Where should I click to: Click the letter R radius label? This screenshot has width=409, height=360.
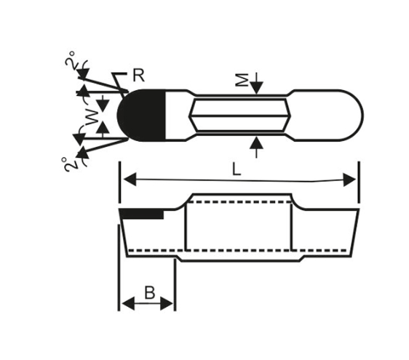(138, 75)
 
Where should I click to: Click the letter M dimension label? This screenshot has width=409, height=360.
(242, 80)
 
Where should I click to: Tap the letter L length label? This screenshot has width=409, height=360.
(237, 169)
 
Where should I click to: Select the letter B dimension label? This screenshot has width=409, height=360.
(150, 292)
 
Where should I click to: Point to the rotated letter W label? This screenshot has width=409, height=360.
(93, 117)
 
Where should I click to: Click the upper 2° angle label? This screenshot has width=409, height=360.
(71, 60)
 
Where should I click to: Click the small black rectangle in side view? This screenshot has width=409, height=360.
(143, 215)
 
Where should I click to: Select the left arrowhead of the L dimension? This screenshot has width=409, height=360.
(130, 179)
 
